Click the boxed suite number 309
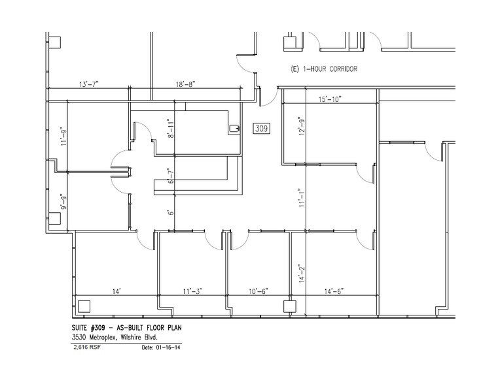point(262,129)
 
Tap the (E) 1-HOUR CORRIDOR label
point(324,69)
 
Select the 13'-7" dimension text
point(92,84)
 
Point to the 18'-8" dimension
point(185,84)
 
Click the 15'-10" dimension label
point(330,99)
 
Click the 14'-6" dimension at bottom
point(334,291)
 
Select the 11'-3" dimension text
point(192,291)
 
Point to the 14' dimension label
point(116,291)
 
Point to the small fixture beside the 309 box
point(234,129)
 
